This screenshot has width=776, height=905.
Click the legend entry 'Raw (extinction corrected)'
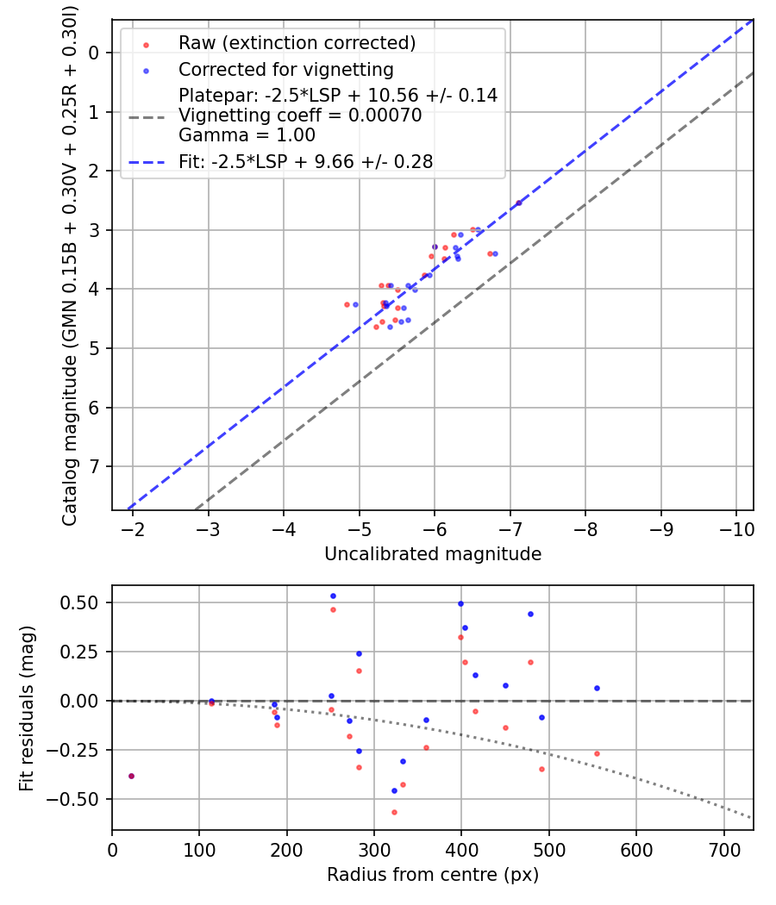297,43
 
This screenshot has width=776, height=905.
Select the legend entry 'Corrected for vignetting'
285,69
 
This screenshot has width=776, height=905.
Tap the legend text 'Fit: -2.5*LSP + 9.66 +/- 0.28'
305,161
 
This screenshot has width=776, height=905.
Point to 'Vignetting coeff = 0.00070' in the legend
300,115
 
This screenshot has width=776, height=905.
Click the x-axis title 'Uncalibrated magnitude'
433,554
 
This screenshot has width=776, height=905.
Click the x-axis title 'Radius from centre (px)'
433,875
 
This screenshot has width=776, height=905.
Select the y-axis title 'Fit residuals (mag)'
27,708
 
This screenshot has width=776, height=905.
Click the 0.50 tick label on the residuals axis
84,602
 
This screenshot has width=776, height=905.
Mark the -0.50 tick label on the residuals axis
81,799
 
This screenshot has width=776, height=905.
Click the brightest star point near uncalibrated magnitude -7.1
518,203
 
